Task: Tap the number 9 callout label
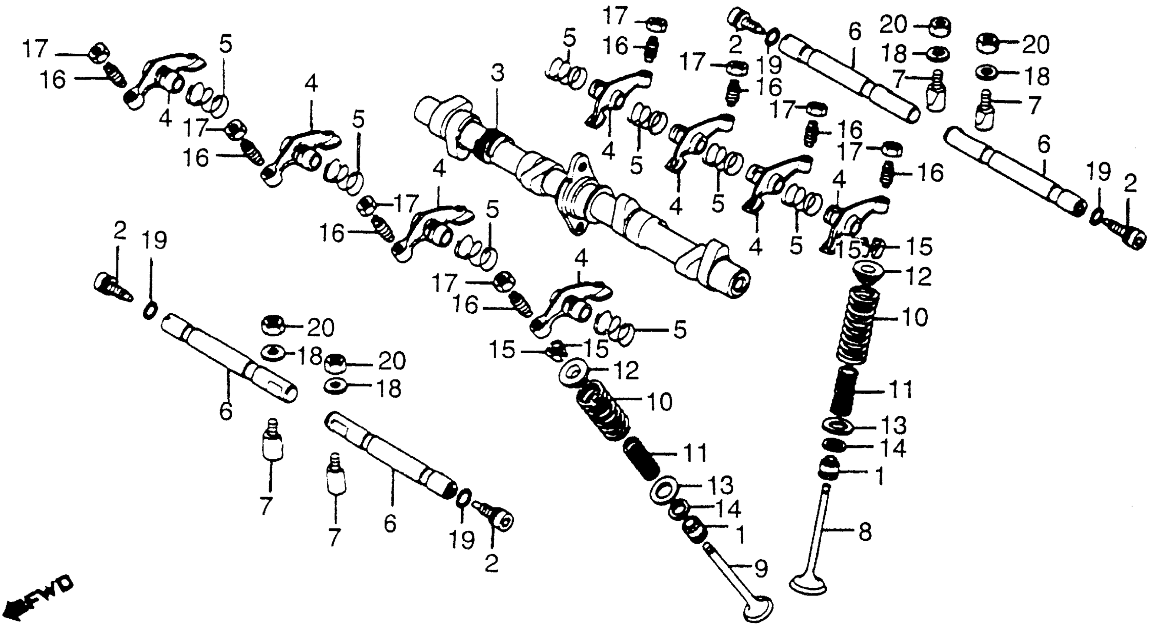(x=761, y=570)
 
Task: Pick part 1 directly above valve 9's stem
(x=694, y=530)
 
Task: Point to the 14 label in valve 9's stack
(x=726, y=509)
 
